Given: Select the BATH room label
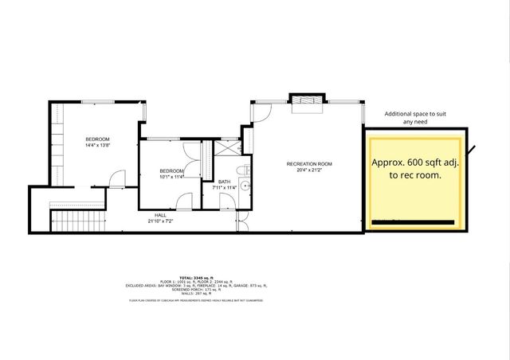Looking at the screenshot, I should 225,182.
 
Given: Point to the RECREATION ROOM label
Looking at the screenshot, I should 309,164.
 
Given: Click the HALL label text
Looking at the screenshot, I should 162,215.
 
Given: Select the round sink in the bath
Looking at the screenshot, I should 245,188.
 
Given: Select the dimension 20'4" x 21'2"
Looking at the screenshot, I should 309,170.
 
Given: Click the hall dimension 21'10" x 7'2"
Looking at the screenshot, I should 162,221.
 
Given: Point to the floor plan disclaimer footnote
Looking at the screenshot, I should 197,301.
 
